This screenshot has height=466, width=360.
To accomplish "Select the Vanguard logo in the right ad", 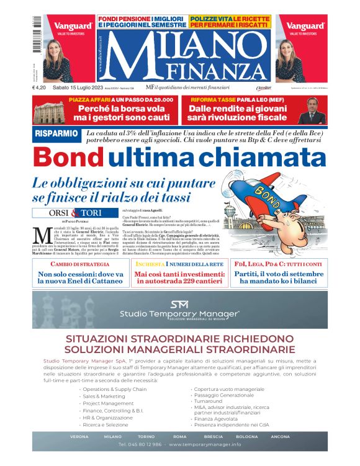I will (305, 26).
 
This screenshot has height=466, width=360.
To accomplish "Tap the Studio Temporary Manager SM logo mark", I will (179, 304).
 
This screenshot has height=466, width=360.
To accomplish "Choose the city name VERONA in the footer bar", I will (79, 436).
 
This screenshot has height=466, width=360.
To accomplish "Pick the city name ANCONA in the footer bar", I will (280, 436).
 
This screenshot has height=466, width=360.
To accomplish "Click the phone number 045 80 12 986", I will (141, 445).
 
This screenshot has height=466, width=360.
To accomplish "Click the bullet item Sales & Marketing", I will (104, 396).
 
